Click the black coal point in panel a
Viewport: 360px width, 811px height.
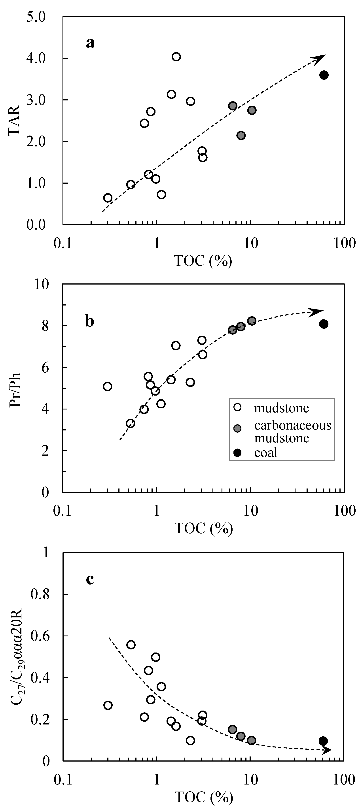324,75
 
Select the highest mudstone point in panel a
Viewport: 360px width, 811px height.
176,57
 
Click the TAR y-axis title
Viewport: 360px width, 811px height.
14,121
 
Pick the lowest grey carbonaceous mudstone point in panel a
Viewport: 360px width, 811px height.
241,135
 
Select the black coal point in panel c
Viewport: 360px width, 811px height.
323,741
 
